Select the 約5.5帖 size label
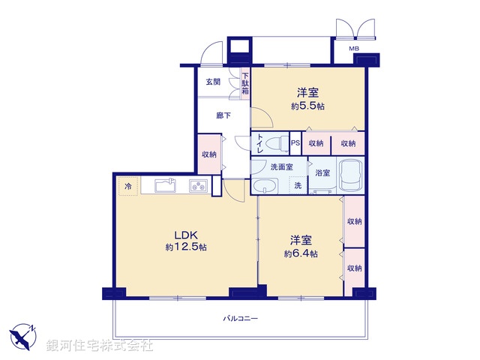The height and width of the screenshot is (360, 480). click(307, 106)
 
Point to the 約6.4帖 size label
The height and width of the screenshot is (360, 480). click(301, 253)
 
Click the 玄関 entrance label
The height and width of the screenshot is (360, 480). click(212, 82)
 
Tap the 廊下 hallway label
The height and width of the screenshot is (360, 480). click(223, 115)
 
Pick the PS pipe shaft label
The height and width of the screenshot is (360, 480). click(295, 142)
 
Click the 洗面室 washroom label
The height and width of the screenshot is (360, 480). click(281, 166)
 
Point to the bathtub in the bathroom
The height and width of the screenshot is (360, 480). click(350, 177)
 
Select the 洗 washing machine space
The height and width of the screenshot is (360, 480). click(298, 186)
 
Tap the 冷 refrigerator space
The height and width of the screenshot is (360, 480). click(128, 185)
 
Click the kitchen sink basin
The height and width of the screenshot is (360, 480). click(166, 186)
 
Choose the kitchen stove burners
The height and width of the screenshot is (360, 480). click(199, 186)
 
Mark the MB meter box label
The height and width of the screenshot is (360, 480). click(354, 50)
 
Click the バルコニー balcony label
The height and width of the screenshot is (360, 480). click(240, 319)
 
